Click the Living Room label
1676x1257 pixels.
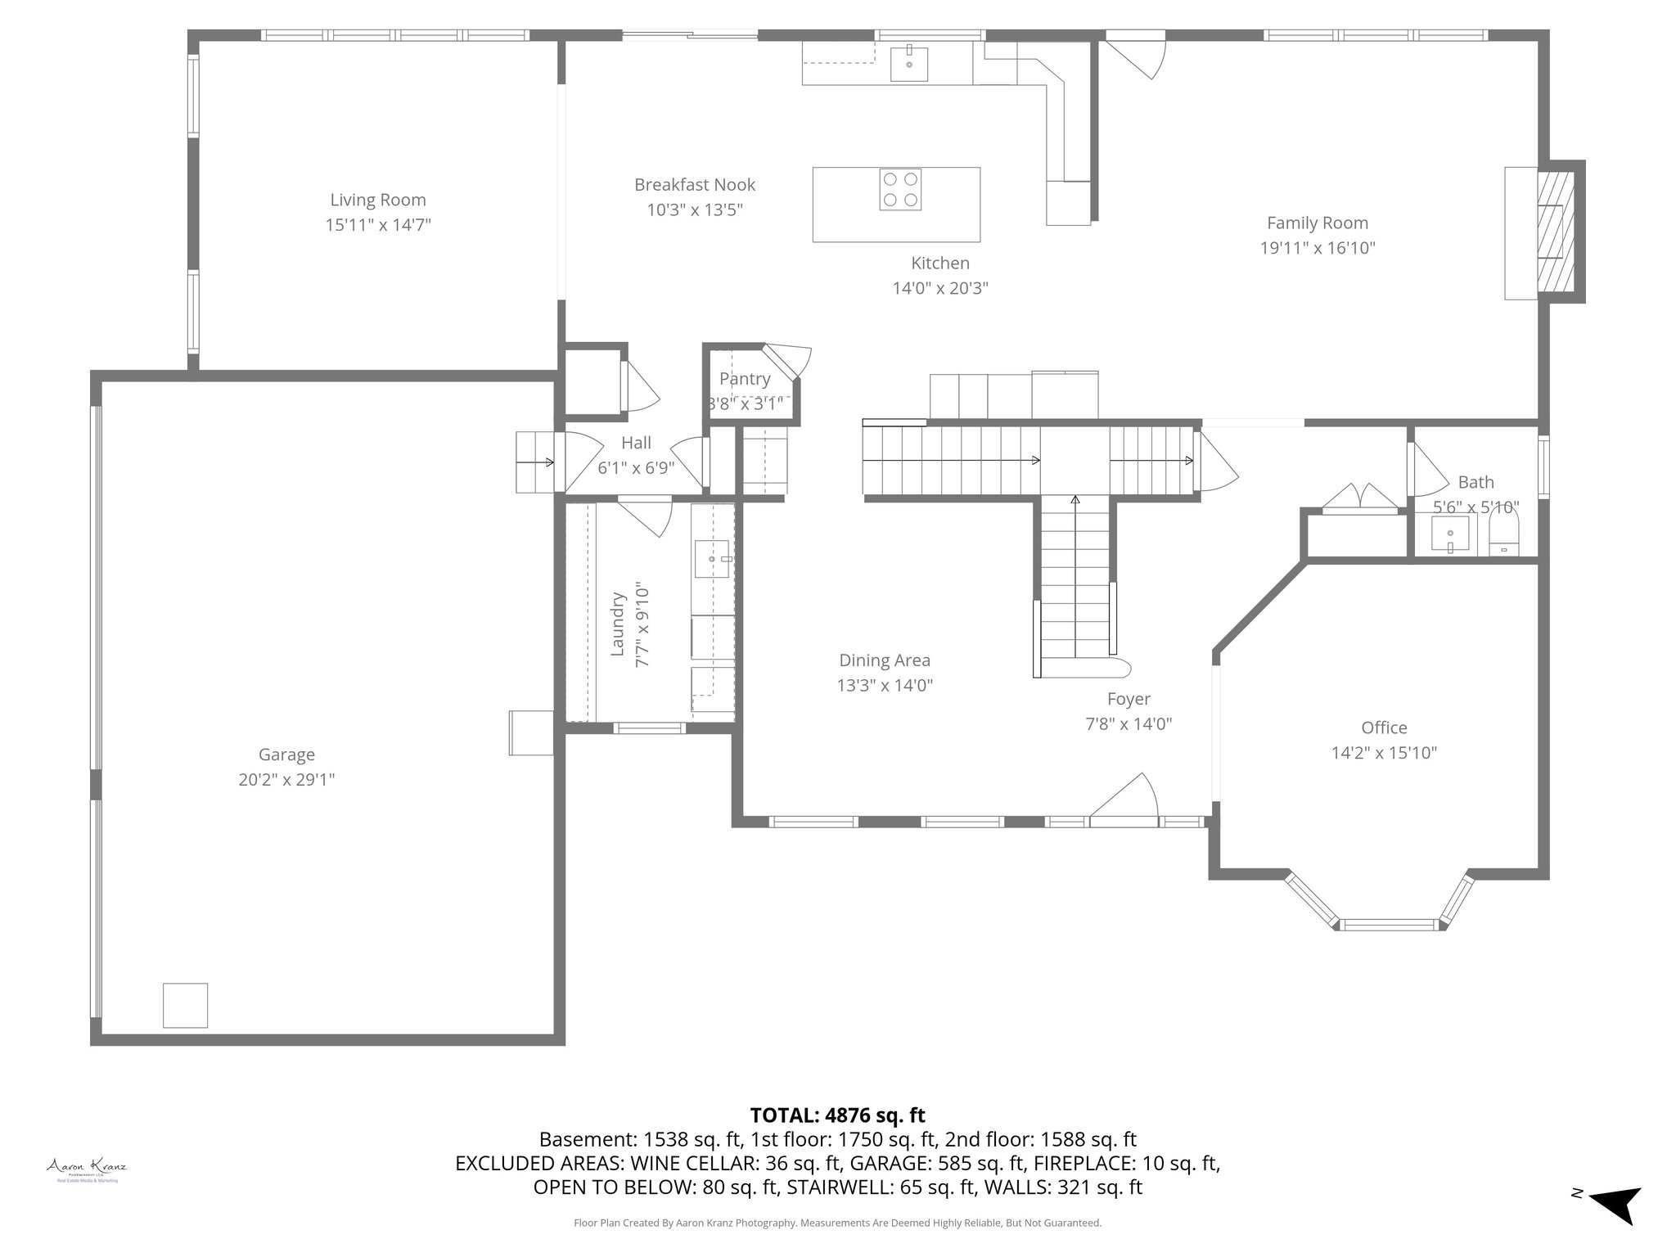point(377,200)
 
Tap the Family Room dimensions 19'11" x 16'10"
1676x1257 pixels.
point(1317,248)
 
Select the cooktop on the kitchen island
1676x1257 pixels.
point(900,189)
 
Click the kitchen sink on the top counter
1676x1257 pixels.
point(909,64)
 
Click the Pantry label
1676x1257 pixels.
point(744,379)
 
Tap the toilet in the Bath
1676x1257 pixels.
point(1503,536)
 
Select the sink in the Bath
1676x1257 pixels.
point(1450,536)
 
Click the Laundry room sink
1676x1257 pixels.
point(712,559)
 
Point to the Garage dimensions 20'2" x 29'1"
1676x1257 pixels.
point(286,780)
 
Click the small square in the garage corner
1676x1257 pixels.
point(185,1005)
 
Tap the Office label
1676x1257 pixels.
point(1384,728)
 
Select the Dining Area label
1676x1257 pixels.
point(884,660)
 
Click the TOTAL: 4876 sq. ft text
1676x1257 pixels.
point(837,1115)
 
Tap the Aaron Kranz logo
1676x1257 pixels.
point(86,1169)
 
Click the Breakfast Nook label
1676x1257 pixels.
point(695,185)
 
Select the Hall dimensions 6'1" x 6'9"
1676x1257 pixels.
point(636,468)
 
